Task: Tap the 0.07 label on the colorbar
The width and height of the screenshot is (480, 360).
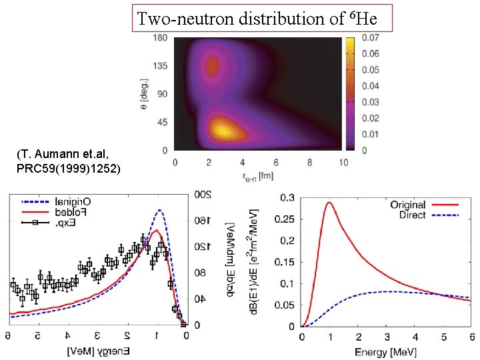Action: point(370,38)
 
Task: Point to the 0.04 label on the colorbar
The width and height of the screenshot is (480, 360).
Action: point(370,86)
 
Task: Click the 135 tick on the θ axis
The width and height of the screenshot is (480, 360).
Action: point(160,67)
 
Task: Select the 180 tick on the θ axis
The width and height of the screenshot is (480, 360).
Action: point(160,38)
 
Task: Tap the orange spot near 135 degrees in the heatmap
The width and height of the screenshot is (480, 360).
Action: point(213,66)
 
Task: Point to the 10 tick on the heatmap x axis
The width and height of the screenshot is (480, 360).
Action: point(343,162)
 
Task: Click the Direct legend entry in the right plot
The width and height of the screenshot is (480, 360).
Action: point(413,215)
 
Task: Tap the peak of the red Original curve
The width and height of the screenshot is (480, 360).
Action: point(329,203)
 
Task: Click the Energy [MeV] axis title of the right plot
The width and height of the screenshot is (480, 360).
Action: point(387,351)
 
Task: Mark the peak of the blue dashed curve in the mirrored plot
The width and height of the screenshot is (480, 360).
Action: point(159,210)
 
